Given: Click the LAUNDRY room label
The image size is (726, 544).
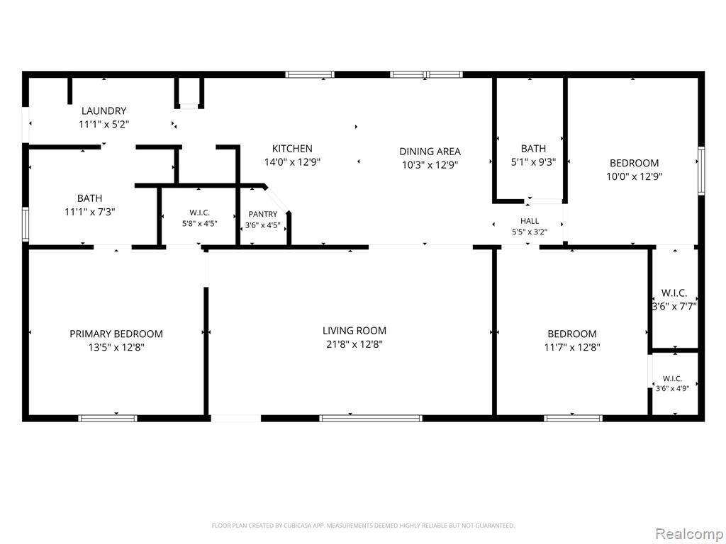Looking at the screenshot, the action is pyautogui.click(x=104, y=111).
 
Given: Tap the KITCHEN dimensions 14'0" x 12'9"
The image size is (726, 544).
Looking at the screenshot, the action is pyautogui.click(x=292, y=162).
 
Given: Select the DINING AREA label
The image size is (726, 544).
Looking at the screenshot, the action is pyautogui.click(x=430, y=152).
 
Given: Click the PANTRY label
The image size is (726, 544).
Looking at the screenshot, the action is pyautogui.click(x=262, y=214).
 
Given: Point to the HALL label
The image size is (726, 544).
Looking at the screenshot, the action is pyautogui.click(x=529, y=221).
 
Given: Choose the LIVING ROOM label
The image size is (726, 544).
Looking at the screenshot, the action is pyautogui.click(x=354, y=331).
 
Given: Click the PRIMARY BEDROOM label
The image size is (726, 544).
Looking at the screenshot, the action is pyautogui.click(x=116, y=334).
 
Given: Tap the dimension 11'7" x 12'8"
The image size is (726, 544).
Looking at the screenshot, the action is pyautogui.click(x=572, y=347).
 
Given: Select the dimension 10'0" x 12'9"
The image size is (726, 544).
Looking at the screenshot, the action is pyautogui.click(x=634, y=176).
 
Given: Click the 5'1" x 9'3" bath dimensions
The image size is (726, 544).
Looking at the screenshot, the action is pyautogui.click(x=533, y=162).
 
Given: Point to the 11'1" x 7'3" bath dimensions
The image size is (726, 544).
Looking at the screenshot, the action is pyautogui.click(x=89, y=212).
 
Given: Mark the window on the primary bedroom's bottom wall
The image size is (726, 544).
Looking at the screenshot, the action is pyautogui.click(x=108, y=418).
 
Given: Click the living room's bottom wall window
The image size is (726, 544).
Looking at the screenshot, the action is pyautogui.click(x=370, y=418).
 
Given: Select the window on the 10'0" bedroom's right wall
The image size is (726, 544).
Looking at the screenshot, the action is pyautogui.click(x=701, y=170).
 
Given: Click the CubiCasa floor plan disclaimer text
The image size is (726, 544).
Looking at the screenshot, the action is pyautogui.click(x=363, y=526).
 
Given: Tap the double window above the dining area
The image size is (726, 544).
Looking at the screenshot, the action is pyautogui.click(x=426, y=74).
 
